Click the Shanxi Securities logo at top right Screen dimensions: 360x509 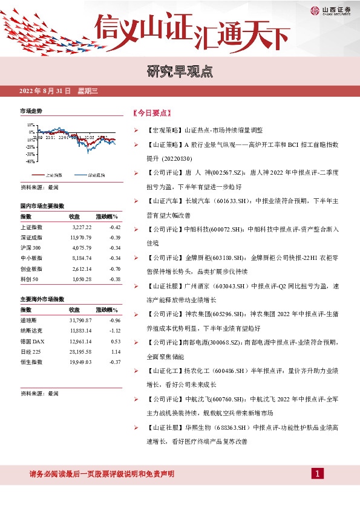(333, 10)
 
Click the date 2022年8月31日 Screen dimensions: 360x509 (46, 91)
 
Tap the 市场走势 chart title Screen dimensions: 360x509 (31, 112)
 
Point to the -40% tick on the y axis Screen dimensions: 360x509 (29, 161)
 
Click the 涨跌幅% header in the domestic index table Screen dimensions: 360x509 (107, 216)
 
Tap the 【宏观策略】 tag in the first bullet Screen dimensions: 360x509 (165, 130)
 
